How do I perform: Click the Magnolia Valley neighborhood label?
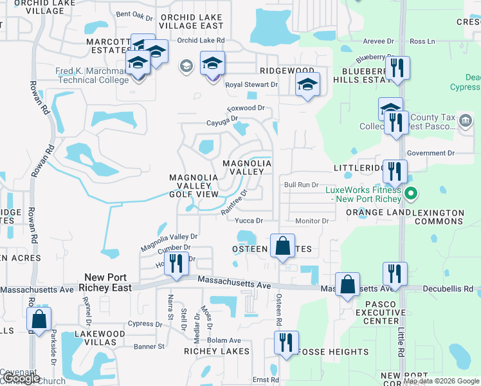[247, 168]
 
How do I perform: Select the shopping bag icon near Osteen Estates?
[282, 246]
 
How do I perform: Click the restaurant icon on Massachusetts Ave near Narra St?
[174, 263]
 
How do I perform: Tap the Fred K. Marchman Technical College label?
[93, 75]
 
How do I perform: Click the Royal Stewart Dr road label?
[251, 84]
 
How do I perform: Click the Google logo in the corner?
[21, 378]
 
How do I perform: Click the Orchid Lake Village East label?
[192, 22]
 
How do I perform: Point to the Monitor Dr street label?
[312, 221]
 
